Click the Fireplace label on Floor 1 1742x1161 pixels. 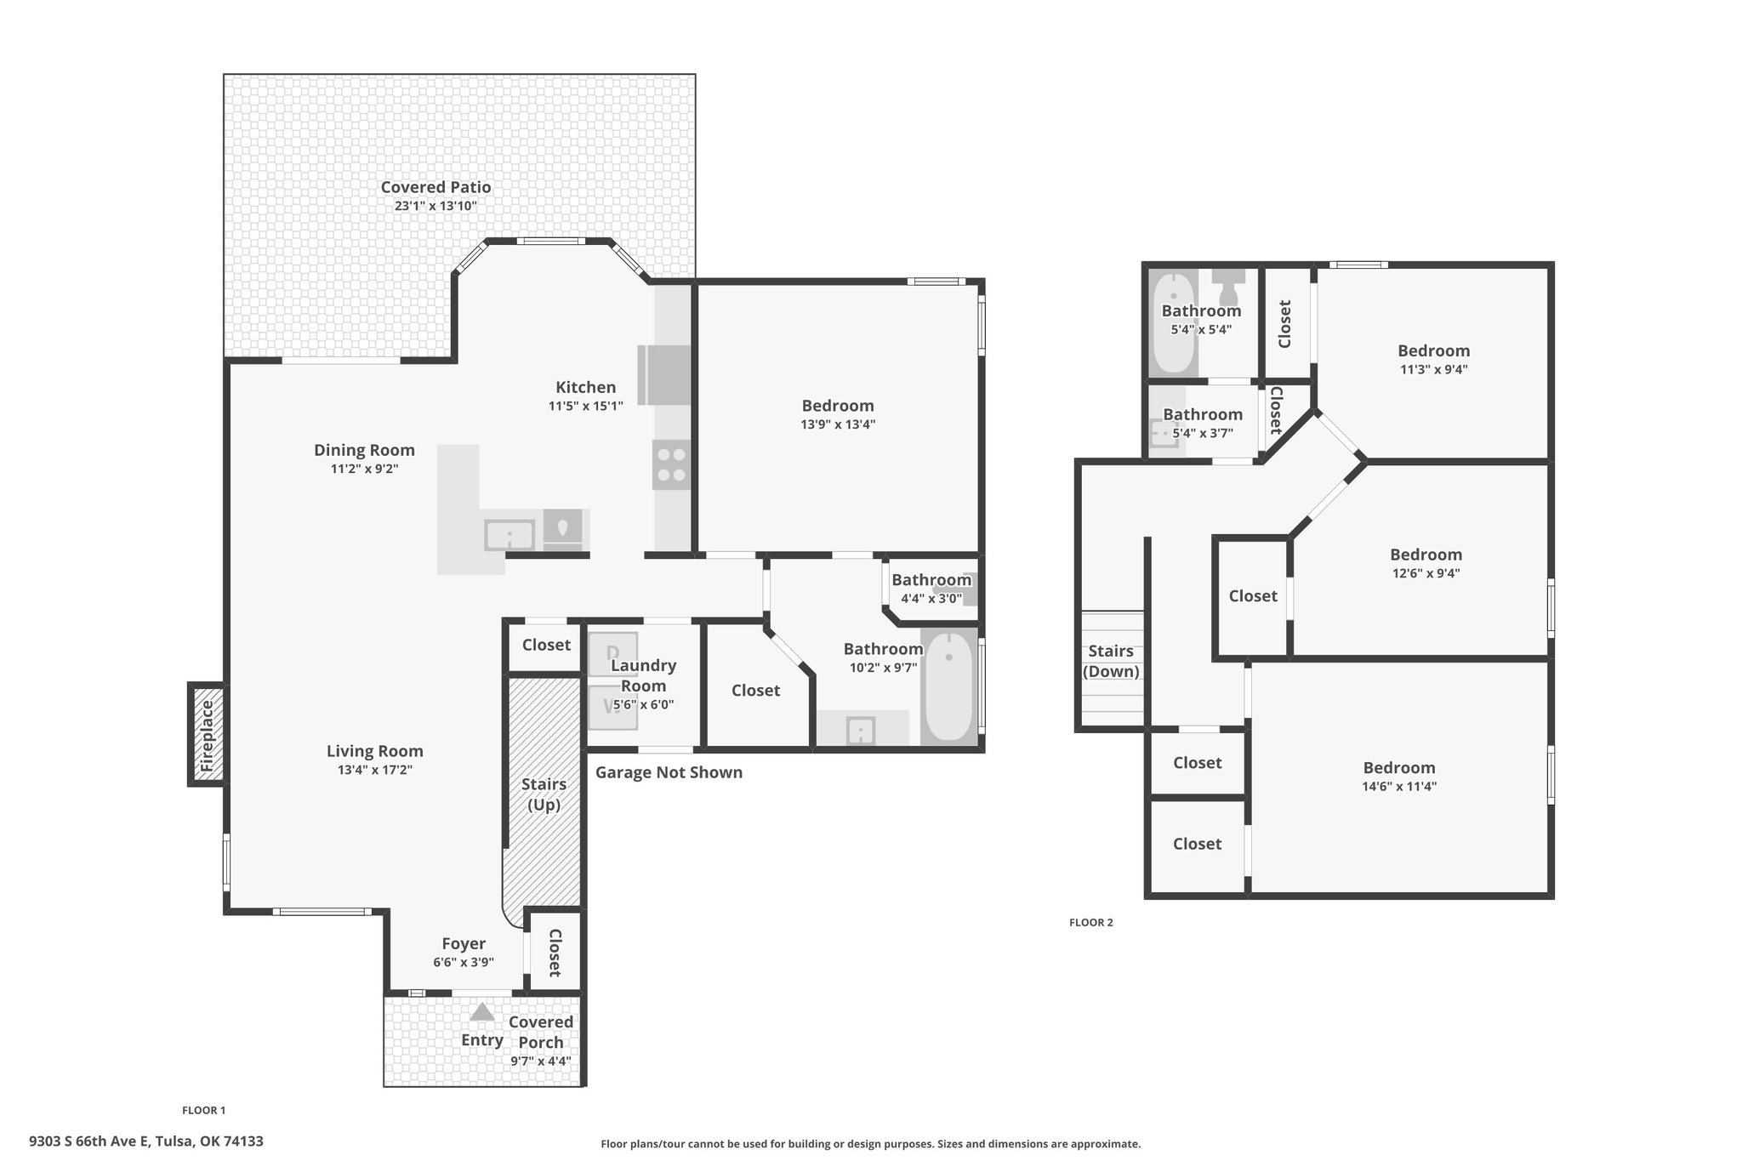[207, 736]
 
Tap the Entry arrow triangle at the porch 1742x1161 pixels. [482, 1011]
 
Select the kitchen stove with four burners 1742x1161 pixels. [671, 464]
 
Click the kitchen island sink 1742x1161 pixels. [510, 536]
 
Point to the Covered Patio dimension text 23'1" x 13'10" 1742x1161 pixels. [435, 206]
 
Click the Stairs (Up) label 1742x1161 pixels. [544, 794]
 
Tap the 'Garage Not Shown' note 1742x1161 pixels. [669, 772]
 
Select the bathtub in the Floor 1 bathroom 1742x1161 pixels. [948, 687]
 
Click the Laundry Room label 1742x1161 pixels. [644, 675]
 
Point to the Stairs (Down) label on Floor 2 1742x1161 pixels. [1111, 661]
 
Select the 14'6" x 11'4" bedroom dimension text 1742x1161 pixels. [1399, 787]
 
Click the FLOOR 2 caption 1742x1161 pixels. [1091, 922]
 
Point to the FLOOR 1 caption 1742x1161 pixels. [204, 1110]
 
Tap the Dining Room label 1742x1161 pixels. [364, 450]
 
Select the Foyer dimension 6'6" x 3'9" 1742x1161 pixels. [464, 962]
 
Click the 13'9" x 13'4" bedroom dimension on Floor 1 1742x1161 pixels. [838, 424]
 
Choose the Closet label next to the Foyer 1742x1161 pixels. [555, 953]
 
